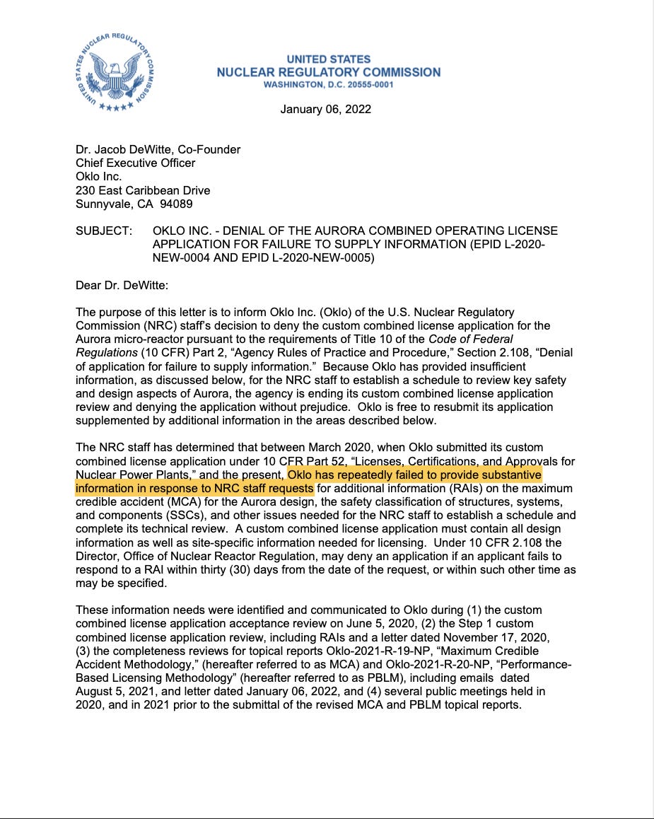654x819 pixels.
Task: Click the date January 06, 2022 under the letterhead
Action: [x=325, y=109]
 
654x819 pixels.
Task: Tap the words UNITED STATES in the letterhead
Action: [x=328, y=59]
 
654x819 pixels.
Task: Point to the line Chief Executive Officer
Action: [x=136, y=163]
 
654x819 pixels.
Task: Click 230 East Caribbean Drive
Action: [x=143, y=190]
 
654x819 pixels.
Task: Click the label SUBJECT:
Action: [x=103, y=231]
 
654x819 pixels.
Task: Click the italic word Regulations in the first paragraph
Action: [x=106, y=352]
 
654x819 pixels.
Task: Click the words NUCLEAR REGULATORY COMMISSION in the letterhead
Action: [x=328, y=72]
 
